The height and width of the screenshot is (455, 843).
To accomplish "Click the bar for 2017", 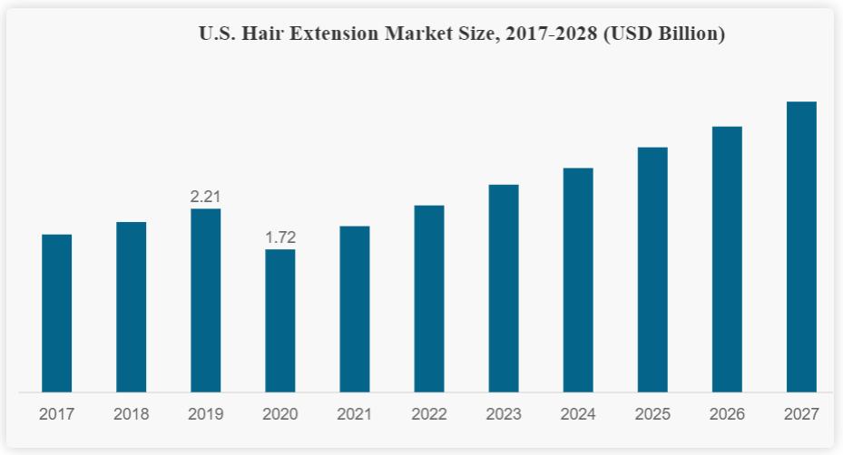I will (x=56, y=313).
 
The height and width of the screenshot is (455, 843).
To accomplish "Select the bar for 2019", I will (x=205, y=300).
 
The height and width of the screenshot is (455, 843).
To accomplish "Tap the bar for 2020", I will (x=279, y=320).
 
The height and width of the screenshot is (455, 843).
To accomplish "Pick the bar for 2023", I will (x=504, y=288).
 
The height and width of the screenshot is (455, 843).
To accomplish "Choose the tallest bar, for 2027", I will (x=801, y=247).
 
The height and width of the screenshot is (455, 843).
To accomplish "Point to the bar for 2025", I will (x=652, y=269).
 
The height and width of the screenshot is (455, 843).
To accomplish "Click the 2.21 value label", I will (x=205, y=197).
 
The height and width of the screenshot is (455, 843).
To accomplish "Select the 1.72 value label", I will (x=280, y=237).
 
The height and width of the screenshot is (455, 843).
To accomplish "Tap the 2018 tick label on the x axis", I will (x=131, y=414).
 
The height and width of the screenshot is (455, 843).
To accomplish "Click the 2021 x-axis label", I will (x=354, y=414).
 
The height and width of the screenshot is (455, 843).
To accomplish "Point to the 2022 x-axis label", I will (x=428, y=414).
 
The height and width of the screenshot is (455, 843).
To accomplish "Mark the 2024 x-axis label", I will (x=578, y=414).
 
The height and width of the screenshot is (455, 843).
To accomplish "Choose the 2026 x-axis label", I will (x=727, y=414).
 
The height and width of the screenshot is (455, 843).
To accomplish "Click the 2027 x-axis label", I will (x=801, y=414).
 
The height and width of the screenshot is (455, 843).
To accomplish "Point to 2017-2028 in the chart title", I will (x=551, y=34).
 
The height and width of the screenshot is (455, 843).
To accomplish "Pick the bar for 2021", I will (x=354, y=308).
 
